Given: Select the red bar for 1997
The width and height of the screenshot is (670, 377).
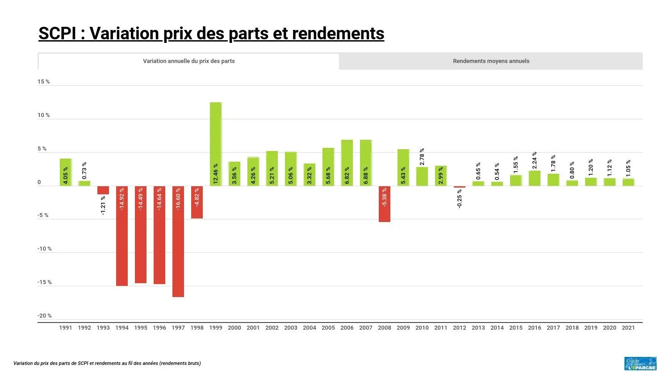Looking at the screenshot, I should point(178,241).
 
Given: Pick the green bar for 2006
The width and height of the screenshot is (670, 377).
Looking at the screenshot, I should point(347,163).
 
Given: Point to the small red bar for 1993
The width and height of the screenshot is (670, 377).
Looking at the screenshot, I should point(103,190).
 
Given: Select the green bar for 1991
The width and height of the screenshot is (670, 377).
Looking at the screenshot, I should point(66,172).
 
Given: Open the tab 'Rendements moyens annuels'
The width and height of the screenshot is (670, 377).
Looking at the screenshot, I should point(491,61).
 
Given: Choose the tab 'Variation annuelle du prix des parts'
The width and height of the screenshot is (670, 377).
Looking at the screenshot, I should point(188,61).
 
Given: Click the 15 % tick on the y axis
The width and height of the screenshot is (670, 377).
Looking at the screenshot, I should point(44,82).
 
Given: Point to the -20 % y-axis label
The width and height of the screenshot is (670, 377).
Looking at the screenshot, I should point(45,316).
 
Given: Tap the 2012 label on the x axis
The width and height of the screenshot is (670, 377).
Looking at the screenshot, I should point(460,328).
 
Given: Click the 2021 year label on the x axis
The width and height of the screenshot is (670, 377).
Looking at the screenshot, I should point(628,328).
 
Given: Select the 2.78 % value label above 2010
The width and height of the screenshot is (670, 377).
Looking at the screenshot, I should point(422,157).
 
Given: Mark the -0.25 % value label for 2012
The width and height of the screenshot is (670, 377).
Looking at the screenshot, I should point(460,199).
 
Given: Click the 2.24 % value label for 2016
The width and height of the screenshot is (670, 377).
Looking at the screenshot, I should point(535,160).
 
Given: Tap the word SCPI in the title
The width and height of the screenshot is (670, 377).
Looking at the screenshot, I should point(57,34).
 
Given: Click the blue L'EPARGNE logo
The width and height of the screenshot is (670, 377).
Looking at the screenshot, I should point(641,364).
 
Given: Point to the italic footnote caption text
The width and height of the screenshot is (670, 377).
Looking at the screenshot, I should point(107,363).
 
